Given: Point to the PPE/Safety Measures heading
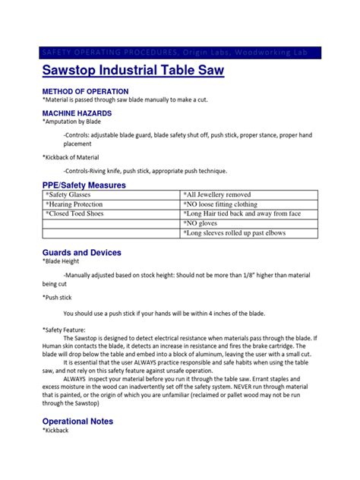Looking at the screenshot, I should click(84, 185).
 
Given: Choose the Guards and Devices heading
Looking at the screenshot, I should click(81, 251).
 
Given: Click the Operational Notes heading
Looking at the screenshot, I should click(77, 420).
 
